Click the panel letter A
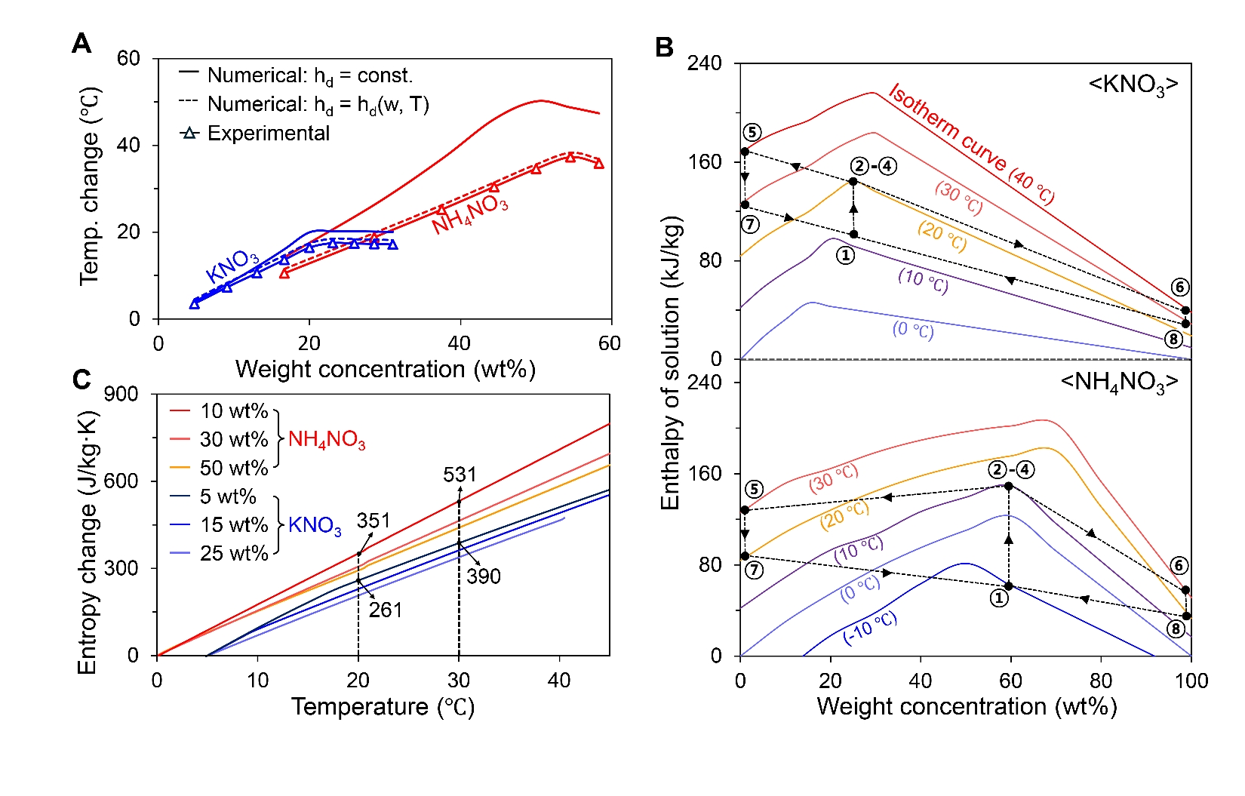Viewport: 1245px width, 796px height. [81, 44]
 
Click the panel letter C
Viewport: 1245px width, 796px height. [81, 379]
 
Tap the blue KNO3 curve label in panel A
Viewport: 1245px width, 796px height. [232, 266]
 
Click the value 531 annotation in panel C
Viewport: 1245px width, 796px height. [460, 475]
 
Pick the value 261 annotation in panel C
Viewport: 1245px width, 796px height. [385, 610]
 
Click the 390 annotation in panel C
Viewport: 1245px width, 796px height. [484, 576]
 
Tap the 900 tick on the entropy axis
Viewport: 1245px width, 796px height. [121, 394]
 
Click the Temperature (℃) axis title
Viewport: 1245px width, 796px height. [383, 707]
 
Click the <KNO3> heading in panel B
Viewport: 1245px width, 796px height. [1133, 85]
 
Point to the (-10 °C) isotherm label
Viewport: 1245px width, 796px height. [870, 629]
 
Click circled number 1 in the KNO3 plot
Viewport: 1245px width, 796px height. [846, 256]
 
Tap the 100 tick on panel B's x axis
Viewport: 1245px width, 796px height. [1191, 681]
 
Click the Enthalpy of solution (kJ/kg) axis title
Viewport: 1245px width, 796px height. [671, 362]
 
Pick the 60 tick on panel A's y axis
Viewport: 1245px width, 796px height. [128, 59]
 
